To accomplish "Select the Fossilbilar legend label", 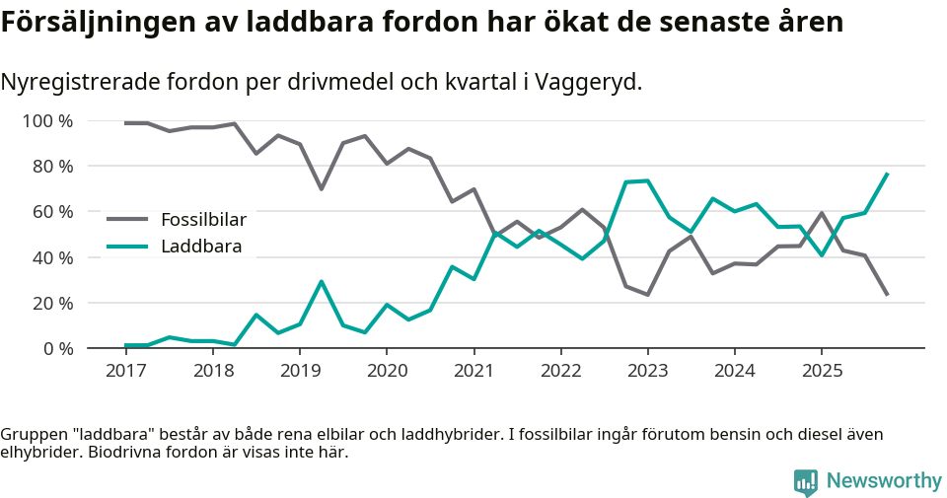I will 203,219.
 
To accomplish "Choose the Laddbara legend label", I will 201,247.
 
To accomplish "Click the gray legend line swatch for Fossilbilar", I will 127,219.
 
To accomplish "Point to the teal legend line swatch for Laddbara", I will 127,247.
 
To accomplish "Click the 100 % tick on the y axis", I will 48,121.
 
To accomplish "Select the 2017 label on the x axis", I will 125,371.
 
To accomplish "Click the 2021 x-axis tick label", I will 473,371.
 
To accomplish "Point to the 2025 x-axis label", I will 822,371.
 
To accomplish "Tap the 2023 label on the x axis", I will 647,371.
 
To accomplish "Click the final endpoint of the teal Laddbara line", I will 887,174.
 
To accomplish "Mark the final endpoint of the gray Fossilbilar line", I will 887,294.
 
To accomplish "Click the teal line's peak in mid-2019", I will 321,282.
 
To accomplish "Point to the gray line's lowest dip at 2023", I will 647,295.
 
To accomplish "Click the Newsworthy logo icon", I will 805,481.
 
